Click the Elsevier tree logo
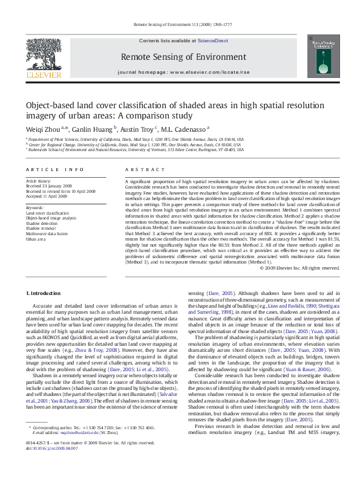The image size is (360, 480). (x=43, y=54)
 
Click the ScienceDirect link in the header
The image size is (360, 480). (x=212, y=41)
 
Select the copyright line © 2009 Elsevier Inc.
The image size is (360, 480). (x=296, y=268)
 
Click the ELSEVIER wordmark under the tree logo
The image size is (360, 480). (x=43, y=76)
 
